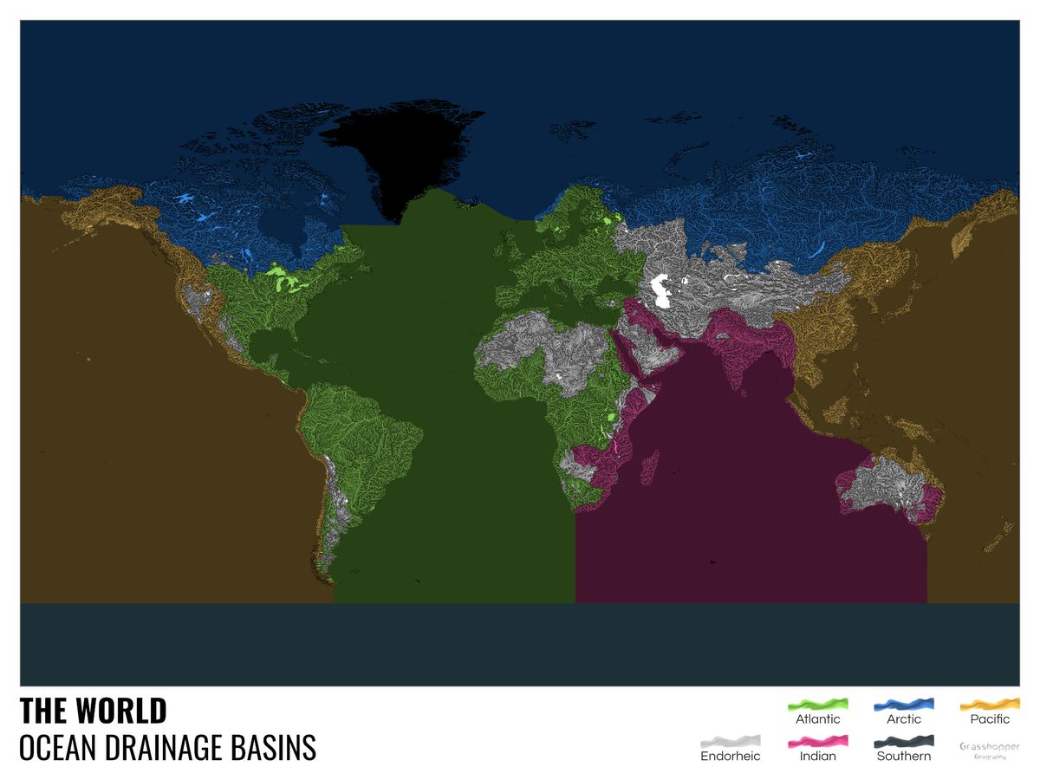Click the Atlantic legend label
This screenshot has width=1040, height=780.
[817, 718]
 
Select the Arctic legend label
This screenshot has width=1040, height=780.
[903, 718]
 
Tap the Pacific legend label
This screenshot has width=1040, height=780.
[990, 718]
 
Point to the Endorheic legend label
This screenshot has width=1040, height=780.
[730, 756]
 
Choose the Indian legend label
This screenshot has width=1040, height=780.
[817, 756]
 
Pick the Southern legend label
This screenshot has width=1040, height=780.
[903, 756]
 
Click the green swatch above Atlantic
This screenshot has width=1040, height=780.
[817, 704]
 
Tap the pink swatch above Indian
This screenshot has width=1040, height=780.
[817, 742]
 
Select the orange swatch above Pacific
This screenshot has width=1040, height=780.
[990, 704]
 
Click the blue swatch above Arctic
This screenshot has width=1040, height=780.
[903, 704]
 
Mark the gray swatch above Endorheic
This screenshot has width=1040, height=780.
[730, 742]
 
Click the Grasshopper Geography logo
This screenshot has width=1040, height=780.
[990, 750]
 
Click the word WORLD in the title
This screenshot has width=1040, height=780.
[121, 711]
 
